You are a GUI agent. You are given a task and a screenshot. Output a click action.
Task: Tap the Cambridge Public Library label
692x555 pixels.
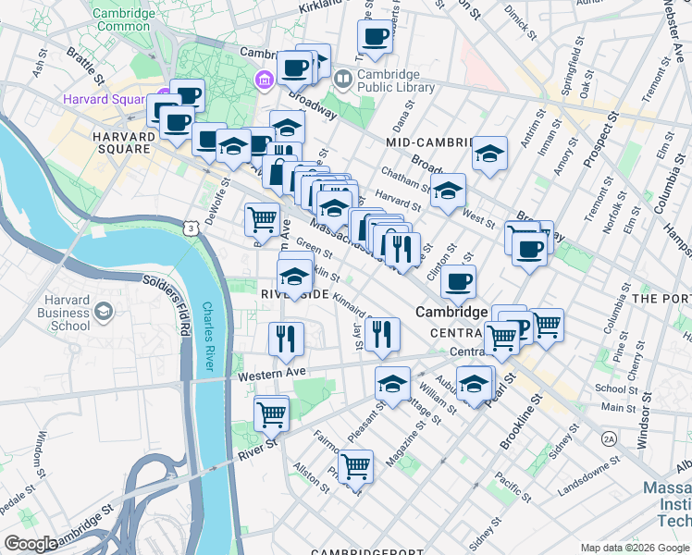[x=395, y=81]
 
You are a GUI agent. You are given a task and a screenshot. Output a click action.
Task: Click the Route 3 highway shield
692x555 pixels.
[x=189, y=227]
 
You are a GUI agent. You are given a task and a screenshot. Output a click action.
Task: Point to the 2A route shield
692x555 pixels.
[x=608, y=438]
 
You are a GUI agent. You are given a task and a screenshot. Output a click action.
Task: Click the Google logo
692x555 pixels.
[x=31, y=544]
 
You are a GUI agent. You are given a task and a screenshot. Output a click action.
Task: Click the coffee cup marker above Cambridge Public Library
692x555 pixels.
[x=375, y=36]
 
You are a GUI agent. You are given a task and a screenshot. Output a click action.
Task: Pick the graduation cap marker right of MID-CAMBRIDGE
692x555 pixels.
[x=489, y=152]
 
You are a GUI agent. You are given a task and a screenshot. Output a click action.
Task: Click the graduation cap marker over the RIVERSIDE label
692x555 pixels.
[x=294, y=276]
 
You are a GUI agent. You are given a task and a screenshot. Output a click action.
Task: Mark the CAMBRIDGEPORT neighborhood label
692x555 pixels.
[x=359, y=551]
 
